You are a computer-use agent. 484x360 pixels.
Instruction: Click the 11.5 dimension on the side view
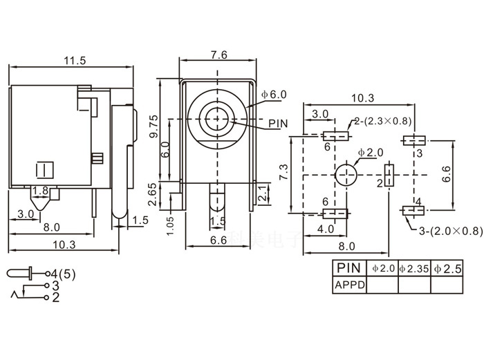pyautogui.click(x=74, y=61)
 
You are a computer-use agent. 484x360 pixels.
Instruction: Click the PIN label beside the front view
pyautogui.click(x=278, y=124)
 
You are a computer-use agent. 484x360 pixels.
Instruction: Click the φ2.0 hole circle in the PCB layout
pyautogui.click(x=347, y=175)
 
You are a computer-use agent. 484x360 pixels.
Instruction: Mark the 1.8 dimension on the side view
pyautogui.click(x=40, y=191)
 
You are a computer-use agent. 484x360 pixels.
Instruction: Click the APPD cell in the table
pyautogui.click(x=349, y=283)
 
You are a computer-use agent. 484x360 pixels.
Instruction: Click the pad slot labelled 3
pyautogui.click(x=412, y=140)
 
